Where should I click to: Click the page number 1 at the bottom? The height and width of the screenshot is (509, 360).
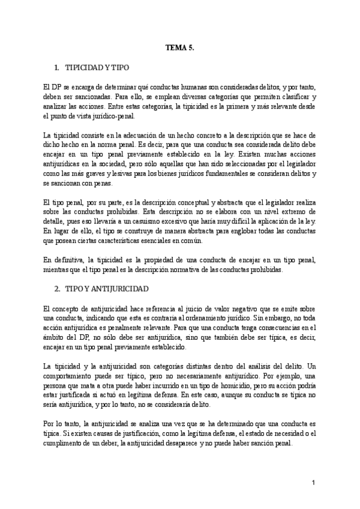point(313,482)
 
